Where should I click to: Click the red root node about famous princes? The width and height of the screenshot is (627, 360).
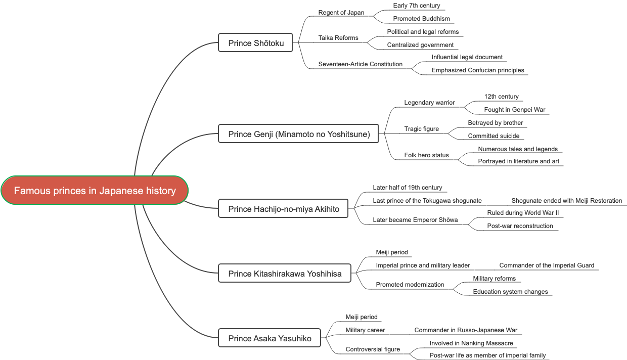tap(95, 191)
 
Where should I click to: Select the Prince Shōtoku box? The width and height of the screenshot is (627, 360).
tap(255, 43)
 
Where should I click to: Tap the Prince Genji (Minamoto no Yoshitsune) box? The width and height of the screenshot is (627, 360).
tap(298, 134)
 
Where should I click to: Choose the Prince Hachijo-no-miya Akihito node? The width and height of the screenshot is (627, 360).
tap(283, 209)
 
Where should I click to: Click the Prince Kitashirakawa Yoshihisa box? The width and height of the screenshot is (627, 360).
tap(284, 274)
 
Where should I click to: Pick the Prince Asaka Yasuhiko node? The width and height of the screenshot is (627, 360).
tap(271, 338)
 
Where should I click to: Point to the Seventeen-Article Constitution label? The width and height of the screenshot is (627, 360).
tap(360, 64)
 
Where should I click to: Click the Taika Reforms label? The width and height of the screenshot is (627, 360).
tap(338, 38)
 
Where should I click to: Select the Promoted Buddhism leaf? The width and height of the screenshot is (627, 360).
tap(421, 19)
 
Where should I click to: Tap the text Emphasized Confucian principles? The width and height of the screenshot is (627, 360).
tap(477, 70)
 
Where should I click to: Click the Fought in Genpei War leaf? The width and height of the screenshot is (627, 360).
tap(514, 110)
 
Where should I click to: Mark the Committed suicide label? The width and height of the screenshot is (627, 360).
tap(494, 136)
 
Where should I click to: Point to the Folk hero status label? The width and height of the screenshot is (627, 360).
tap(426, 155)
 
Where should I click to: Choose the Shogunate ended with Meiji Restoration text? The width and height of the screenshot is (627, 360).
tap(566, 201)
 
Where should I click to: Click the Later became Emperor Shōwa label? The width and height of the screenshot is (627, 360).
tap(415, 220)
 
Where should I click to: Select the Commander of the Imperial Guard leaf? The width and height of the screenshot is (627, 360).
tap(547, 265)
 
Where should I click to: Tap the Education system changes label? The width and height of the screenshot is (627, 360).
tap(510, 292)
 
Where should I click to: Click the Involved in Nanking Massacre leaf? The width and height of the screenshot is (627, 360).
tap(471, 343)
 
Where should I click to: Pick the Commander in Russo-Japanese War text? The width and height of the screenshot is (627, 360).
tap(466, 330)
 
